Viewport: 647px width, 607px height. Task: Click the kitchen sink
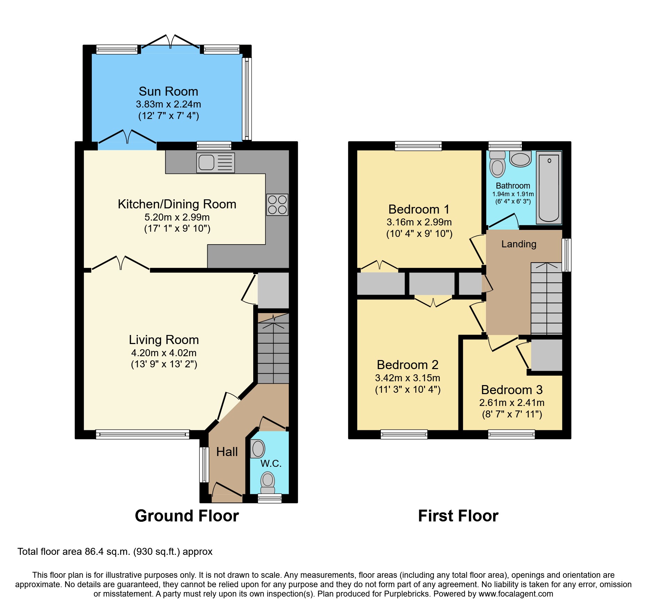(215, 163)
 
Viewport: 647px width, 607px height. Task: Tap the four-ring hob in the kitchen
(277, 205)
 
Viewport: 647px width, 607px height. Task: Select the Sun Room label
(168, 91)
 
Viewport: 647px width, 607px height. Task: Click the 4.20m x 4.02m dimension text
(164, 353)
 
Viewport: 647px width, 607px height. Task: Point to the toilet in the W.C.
(268, 482)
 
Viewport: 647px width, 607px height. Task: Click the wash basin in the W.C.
(258, 449)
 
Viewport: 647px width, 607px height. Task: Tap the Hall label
(227, 452)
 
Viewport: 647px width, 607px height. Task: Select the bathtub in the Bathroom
(549, 188)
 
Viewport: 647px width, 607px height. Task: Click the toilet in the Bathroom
(497, 164)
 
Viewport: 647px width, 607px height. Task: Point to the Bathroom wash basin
(520, 159)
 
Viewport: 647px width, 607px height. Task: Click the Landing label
(519, 244)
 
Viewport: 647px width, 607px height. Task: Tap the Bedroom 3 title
(512, 390)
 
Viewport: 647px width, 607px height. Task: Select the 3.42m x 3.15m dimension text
(408, 378)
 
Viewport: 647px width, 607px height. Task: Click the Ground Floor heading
(187, 516)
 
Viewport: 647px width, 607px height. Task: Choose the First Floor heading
(458, 516)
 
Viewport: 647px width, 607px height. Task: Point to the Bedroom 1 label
(419, 209)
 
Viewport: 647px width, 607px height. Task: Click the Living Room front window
(143, 434)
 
